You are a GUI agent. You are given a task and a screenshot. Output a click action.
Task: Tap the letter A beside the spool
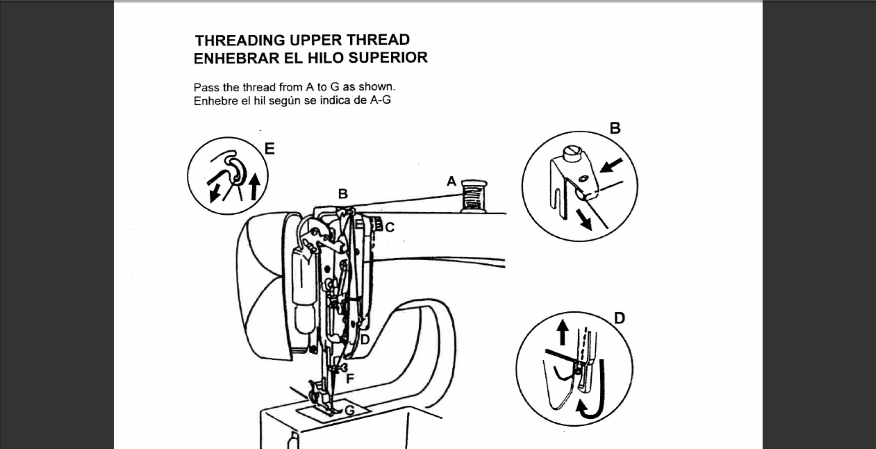tap(451, 181)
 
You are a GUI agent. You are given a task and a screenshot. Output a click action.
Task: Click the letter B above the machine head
tap(343, 194)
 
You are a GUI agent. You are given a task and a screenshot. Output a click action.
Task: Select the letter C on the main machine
tap(390, 227)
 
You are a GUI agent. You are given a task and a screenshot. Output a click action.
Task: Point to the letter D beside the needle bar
tap(365, 339)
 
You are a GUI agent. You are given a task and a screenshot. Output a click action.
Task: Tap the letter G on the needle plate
tap(350, 410)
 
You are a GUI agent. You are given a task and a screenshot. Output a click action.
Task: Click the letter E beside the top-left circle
tap(269, 149)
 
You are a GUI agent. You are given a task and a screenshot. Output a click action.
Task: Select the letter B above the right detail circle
tap(615, 128)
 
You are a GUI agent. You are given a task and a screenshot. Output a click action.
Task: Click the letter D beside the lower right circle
tap(620, 319)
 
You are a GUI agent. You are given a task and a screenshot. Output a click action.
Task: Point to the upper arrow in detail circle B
tap(611, 165)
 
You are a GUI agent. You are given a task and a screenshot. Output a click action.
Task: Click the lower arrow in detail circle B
tap(584, 219)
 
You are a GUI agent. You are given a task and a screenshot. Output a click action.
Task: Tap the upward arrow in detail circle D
tap(563, 332)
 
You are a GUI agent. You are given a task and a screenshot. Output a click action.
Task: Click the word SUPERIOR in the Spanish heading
tap(388, 58)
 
